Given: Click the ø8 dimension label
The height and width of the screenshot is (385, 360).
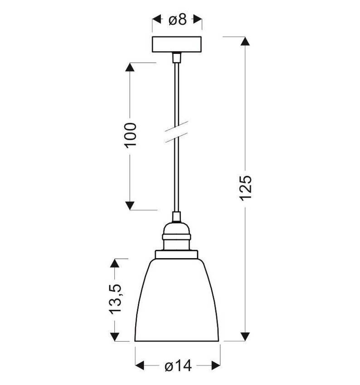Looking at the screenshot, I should (177, 20).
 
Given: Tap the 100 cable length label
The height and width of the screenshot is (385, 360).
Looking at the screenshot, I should (130, 135).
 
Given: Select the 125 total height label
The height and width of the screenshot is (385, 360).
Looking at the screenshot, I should (245, 187).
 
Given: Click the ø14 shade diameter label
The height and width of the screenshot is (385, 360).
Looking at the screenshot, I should (178, 365).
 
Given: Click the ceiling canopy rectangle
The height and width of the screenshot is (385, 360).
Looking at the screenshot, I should (177, 44).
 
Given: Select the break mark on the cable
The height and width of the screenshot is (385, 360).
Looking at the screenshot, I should (177, 132).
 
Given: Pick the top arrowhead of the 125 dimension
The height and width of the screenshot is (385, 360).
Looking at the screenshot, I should (245, 41).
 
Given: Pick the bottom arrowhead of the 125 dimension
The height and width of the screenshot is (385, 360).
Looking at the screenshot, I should (245, 336).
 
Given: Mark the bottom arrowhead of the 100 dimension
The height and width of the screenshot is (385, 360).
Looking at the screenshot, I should (130, 205).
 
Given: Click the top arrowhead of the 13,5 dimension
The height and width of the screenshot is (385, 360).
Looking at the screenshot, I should (115, 263).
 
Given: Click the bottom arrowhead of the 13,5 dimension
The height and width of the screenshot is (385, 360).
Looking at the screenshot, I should (115, 337).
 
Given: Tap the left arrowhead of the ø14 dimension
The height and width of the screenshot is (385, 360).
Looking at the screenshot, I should (140, 365).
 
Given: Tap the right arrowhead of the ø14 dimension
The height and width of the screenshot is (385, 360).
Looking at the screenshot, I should (215, 365).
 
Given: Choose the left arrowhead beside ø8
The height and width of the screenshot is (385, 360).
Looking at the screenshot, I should (157, 20).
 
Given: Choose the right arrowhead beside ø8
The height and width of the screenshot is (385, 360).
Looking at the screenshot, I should (197, 20).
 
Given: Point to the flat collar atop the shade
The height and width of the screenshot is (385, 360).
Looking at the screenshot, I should (177, 254).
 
